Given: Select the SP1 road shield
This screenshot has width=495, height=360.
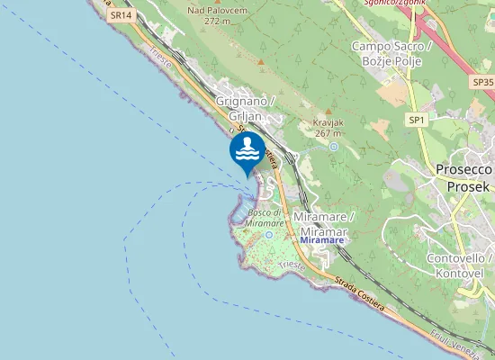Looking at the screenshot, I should (x=416, y=120).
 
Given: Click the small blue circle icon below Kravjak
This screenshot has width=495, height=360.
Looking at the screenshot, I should (x=334, y=146).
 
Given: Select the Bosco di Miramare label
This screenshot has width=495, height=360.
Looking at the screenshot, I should (x=266, y=218).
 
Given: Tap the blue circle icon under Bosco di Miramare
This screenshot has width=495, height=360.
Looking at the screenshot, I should (x=269, y=235).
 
